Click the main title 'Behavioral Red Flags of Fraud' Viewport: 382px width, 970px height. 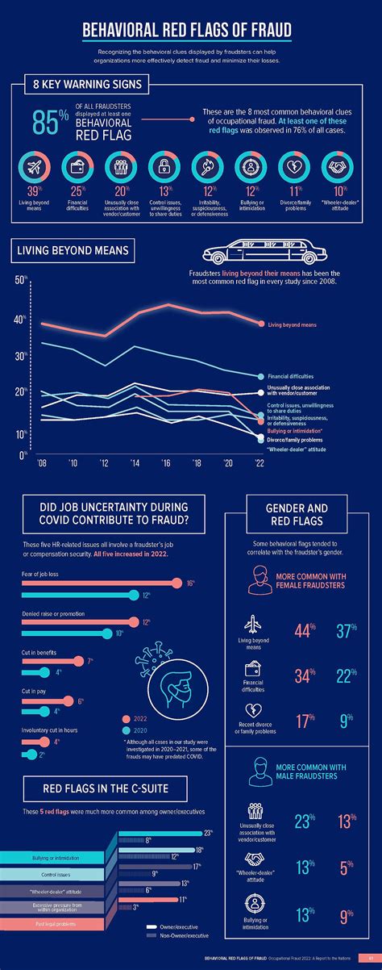187,31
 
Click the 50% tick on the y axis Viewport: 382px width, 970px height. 21,281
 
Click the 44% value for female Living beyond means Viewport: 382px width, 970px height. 303,630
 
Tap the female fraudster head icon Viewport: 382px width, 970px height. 260,579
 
